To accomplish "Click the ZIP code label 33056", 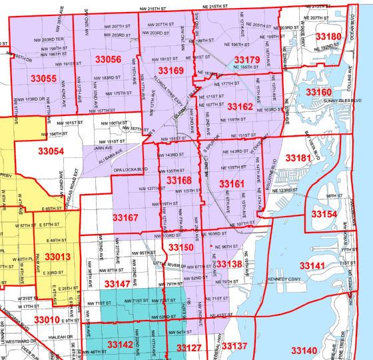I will point(105,59).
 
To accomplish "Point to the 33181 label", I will point(298,157).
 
